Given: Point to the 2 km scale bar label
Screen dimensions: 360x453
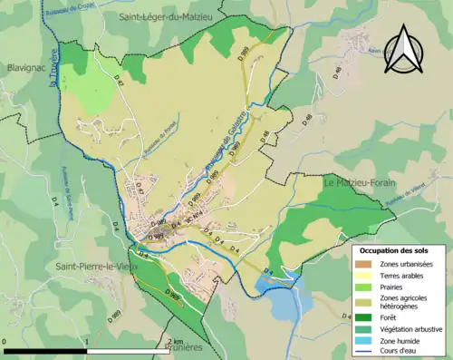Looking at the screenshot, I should tap(174, 341).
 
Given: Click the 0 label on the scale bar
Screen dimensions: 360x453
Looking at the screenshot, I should tap(5, 341).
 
